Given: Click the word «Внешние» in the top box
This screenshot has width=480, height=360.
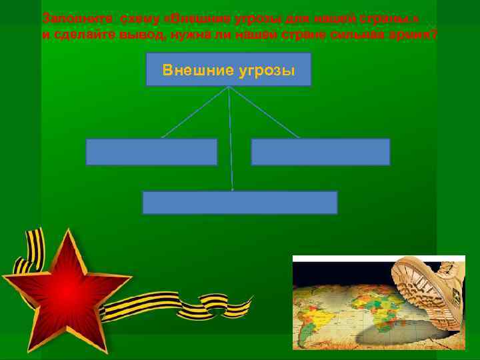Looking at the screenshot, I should (x=194, y=70).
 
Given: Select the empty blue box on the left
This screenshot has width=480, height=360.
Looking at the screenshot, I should (x=151, y=152).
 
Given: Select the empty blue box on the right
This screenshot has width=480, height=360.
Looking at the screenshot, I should (x=320, y=152).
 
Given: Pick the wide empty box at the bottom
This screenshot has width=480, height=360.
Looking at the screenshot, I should (x=239, y=203).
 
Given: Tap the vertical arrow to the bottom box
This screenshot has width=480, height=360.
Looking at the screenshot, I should (x=231, y=140).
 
